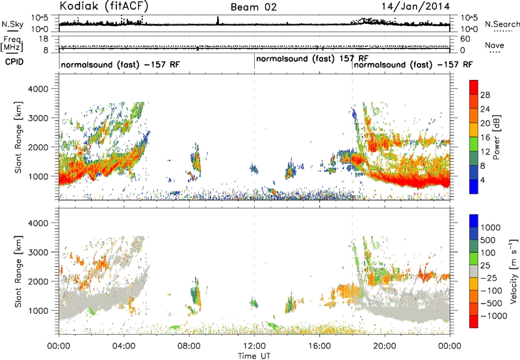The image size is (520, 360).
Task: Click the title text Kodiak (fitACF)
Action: tap(104, 6)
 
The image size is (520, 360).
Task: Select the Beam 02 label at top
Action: tap(253, 7)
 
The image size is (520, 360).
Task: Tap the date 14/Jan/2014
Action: tap(415, 6)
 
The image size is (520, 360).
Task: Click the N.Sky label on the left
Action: tap(12, 24)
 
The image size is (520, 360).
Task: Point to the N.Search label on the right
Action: tap(502, 24)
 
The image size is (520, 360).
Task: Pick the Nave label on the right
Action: tap(495, 45)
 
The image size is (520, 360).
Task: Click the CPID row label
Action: tap(14, 62)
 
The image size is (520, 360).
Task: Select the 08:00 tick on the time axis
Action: tap(189, 346)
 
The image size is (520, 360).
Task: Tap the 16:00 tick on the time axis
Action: tap(319, 346)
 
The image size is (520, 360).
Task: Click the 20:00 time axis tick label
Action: tap(385, 346)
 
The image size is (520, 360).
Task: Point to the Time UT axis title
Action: tap(254, 356)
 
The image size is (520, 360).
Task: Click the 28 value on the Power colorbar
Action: tap(485, 95)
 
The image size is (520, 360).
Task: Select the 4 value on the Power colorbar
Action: tap(483, 180)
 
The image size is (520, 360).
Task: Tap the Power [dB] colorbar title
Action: tap(496, 137)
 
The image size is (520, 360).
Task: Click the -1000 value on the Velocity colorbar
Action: tap(494, 316)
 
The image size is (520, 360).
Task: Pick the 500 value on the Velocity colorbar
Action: tap(488, 240)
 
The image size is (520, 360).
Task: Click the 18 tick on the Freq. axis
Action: tap(44, 39)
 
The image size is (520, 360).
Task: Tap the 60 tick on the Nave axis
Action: tap(465, 39)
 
